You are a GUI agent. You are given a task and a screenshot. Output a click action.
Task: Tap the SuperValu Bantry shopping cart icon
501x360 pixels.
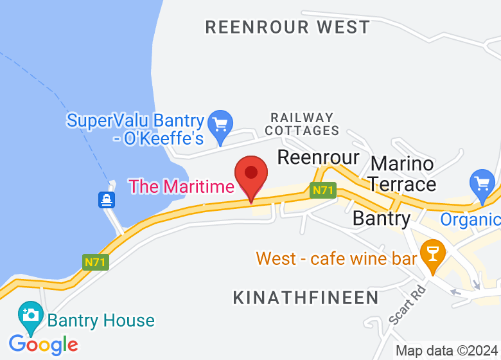click(x=220, y=123)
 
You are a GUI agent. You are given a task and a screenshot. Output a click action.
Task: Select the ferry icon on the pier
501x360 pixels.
click(x=107, y=200)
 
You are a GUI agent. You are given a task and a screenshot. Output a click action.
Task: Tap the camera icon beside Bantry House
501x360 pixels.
click(x=30, y=315)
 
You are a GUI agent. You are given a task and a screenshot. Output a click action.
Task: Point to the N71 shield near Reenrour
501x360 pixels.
click(x=323, y=190)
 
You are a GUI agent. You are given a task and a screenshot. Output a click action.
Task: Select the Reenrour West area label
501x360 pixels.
click(x=287, y=27)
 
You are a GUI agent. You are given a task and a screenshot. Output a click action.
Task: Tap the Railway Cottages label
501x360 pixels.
click(x=302, y=124)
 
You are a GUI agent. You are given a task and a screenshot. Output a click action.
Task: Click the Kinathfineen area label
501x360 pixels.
click(x=306, y=298)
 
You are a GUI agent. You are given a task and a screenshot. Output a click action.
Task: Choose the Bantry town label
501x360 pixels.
click(x=382, y=218)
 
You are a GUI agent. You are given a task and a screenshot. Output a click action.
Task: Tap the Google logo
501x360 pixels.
click(x=44, y=345)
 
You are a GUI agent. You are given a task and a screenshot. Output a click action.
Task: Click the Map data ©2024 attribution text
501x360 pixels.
click(x=446, y=351)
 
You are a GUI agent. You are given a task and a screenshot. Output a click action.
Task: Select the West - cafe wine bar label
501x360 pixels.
click(x=337, y=259)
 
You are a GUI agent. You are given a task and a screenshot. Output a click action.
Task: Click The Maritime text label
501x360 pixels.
click(x=182, y=186)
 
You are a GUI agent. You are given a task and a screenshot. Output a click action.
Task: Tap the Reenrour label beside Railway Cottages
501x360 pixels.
click(x=318, y=157)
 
